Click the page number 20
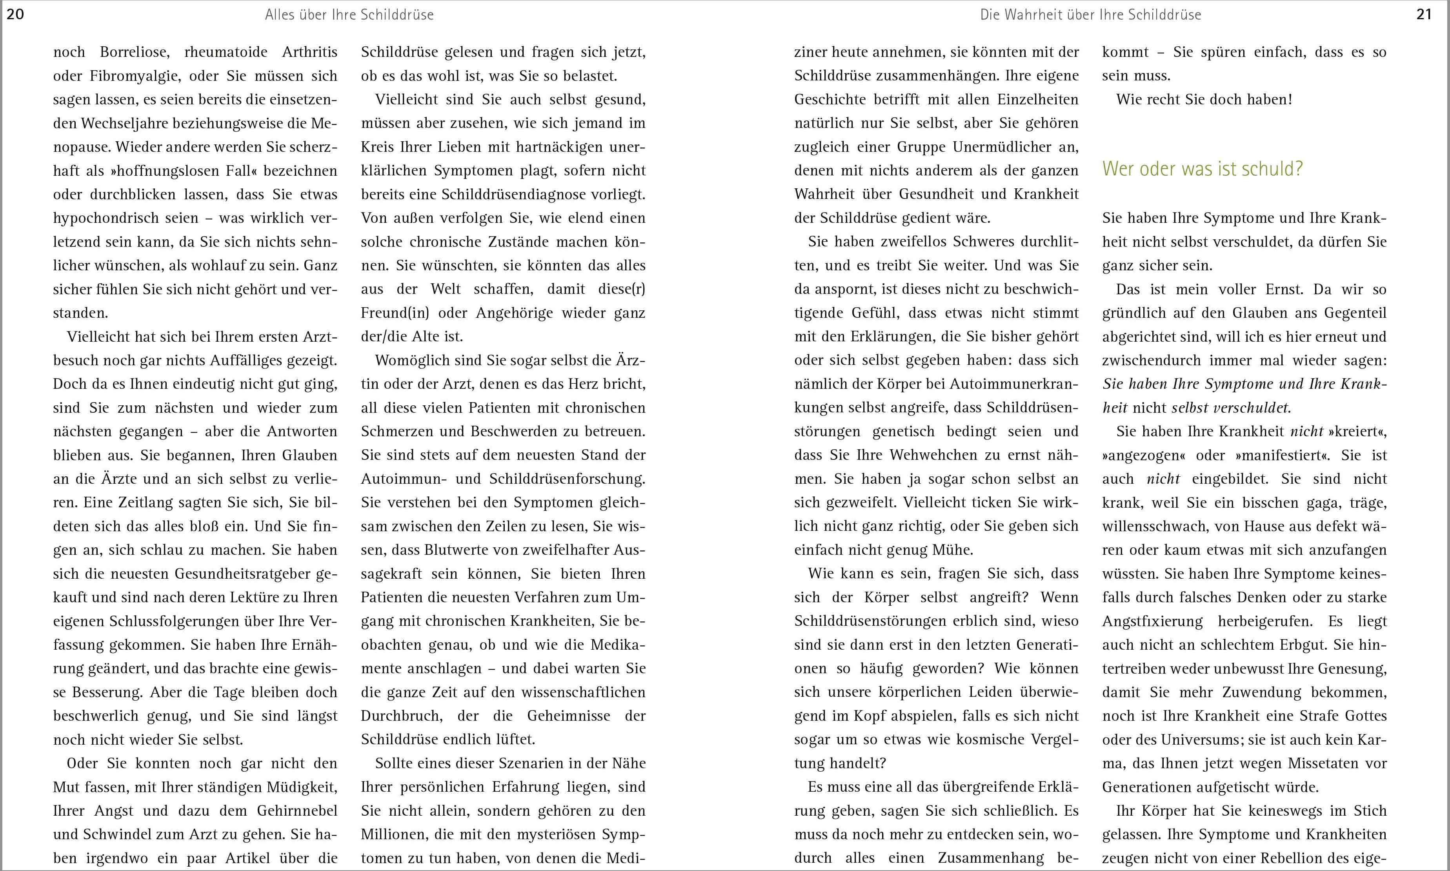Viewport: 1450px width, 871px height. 15,14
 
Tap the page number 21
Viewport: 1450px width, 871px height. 1424,14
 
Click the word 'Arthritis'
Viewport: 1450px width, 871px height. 310,52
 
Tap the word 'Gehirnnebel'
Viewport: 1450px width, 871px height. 297,811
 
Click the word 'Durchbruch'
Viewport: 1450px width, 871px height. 398,716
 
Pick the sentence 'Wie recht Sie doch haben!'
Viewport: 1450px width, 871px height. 1204,99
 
